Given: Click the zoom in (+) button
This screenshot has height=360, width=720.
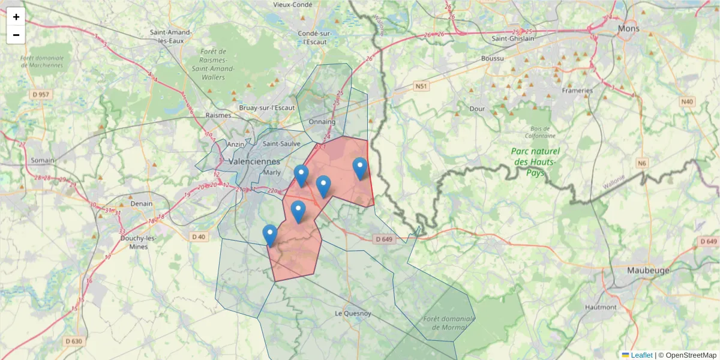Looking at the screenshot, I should coord(16,17).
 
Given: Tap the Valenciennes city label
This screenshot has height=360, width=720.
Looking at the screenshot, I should coord(254,161).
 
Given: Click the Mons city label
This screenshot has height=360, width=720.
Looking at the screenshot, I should coord(629,28).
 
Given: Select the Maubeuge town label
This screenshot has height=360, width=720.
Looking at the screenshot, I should coord(648,270).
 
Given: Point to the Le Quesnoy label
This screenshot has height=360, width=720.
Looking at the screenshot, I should coord(353,313).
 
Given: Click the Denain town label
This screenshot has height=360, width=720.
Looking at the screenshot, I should coord(142,203).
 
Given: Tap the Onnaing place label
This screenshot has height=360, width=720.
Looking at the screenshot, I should coord(322,122).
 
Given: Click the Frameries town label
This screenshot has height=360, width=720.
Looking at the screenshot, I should coord(577,91).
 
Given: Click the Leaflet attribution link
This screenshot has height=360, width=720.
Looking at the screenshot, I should coord(641,355).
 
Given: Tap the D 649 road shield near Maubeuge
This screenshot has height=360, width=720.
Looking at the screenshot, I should coord(708,241).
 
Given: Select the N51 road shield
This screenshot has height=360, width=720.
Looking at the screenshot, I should coord(422,87).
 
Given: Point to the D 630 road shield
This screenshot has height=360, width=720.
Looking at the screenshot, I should coord(73,341).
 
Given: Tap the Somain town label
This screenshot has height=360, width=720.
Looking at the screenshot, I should coord(43,160).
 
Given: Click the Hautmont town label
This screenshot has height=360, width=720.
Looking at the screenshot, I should coord(601,307).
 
